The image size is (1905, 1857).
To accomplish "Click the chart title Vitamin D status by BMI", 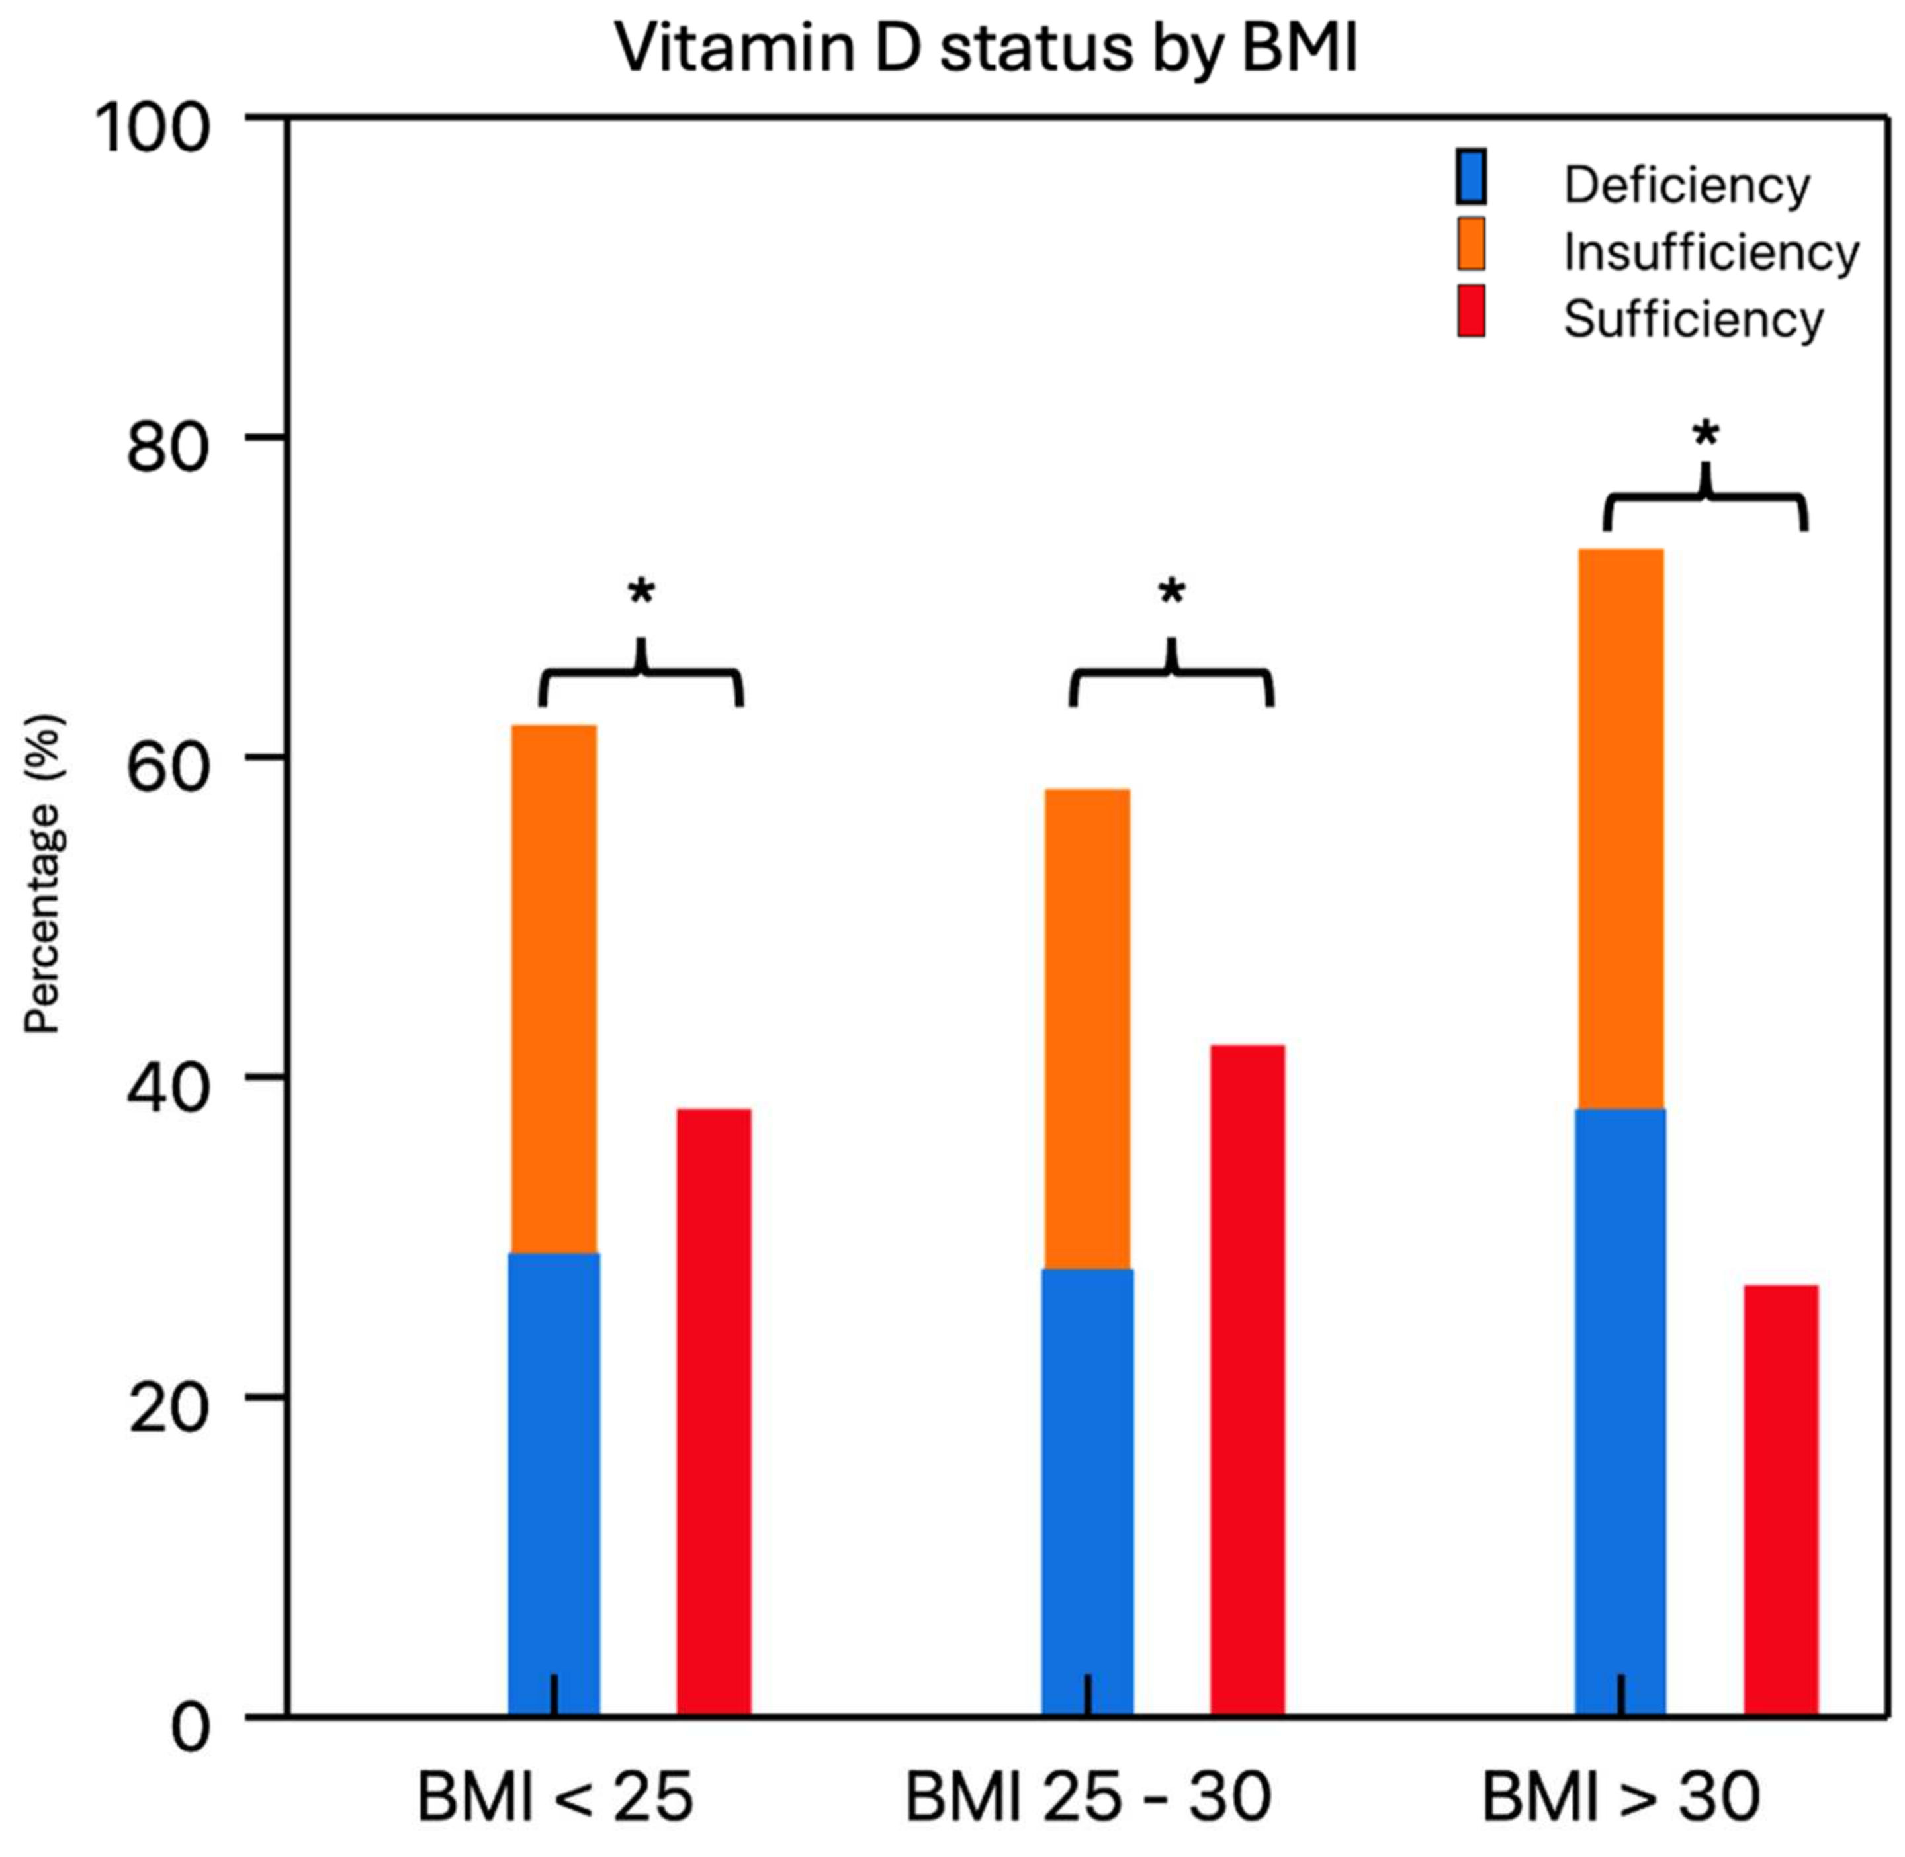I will [985, 47].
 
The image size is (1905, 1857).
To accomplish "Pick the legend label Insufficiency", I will [1710, 253].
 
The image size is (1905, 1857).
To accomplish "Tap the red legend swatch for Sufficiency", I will [1470, 311].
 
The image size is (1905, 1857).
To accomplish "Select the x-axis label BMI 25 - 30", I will [1088, 1797].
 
